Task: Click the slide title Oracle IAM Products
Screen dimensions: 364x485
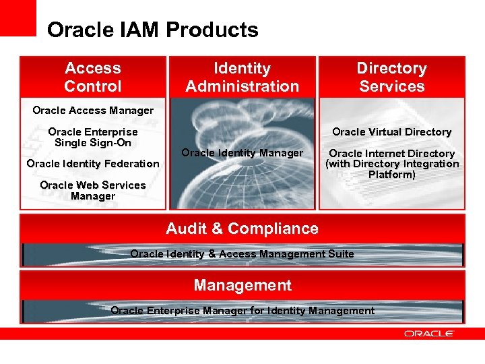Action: pyautogui.click(x=153, y=30)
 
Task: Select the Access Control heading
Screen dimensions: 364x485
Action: pyautogui.click(x=93, y=77)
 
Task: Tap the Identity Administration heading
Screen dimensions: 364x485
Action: pyautogui.click(x=242, y=77)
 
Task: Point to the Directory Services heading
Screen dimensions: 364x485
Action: pyautogui.click(x=391, y=77)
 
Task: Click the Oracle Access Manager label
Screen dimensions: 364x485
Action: pyautogui.click(x=93, y=111)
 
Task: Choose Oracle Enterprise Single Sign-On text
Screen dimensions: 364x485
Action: pyautogui.click(x=93, y=138)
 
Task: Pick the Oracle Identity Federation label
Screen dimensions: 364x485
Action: pyautogui.click(x=93, y=164)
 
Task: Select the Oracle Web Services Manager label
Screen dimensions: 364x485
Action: pyautogui.click(x=93, y=191)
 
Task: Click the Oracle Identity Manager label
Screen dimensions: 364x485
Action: pyautogui.click(x=243, y=153)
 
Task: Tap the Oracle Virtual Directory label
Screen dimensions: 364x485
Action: pyautogui.click(x=391, y=132)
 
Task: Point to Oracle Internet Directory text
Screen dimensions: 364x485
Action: pyautogui.click(x=391, y=154)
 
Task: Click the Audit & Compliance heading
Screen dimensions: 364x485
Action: pyautogui.click(x=242, y=229)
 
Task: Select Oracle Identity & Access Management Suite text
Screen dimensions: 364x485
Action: pyautogui.click(x=242, y=254)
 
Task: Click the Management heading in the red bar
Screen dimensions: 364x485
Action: pyautogui.click(x=243, y=285)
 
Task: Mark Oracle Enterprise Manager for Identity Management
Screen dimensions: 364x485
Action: pyautogui.click(x=242, y=311)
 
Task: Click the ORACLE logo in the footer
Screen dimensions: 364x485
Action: pyautogui.click(x=429, y=333)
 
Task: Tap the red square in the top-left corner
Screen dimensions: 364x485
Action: pyautogui.click(x=18, y=18)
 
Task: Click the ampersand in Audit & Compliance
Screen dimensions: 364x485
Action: pyautogui.click(x=216, y=229)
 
